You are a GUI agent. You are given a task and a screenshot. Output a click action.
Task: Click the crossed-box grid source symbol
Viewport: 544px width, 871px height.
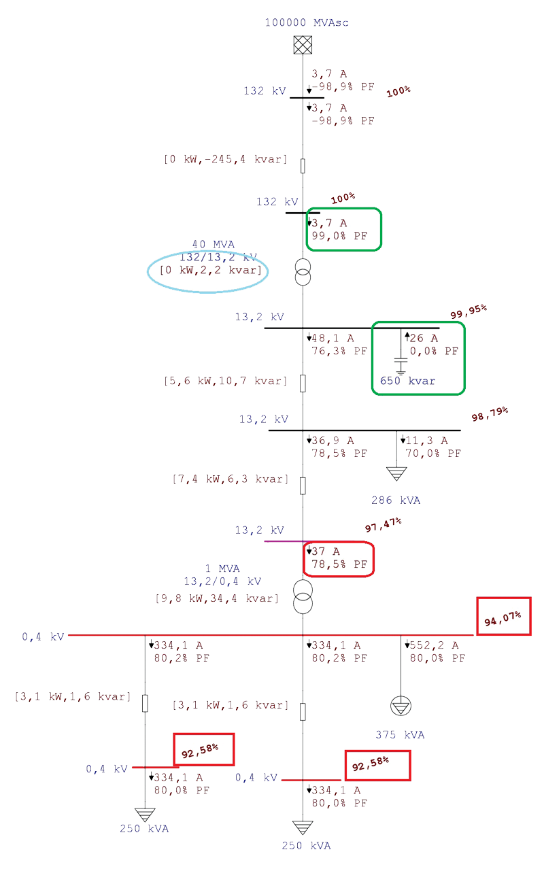pos(303,46)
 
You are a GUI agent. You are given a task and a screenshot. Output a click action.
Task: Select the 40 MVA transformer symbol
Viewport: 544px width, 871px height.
pos(303,272)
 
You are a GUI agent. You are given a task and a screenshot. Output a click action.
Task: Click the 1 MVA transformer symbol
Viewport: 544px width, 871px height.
pos(303,594)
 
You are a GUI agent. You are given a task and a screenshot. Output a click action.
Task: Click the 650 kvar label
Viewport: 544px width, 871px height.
pos(407,381)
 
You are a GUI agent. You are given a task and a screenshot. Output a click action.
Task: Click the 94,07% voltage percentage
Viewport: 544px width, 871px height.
pos(503,617)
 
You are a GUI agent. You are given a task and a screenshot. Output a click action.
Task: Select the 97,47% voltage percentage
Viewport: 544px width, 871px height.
pos(384,524)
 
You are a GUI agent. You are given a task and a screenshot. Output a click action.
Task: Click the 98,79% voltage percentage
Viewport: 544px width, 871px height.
pos(490,413)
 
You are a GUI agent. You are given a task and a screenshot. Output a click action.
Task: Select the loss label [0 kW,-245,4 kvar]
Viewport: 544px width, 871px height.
pos(225,159)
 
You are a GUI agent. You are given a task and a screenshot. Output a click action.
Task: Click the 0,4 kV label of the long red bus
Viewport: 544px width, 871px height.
pos(43,637)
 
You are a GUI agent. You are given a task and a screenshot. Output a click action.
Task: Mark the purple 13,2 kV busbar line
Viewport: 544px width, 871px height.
pos(286,541)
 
